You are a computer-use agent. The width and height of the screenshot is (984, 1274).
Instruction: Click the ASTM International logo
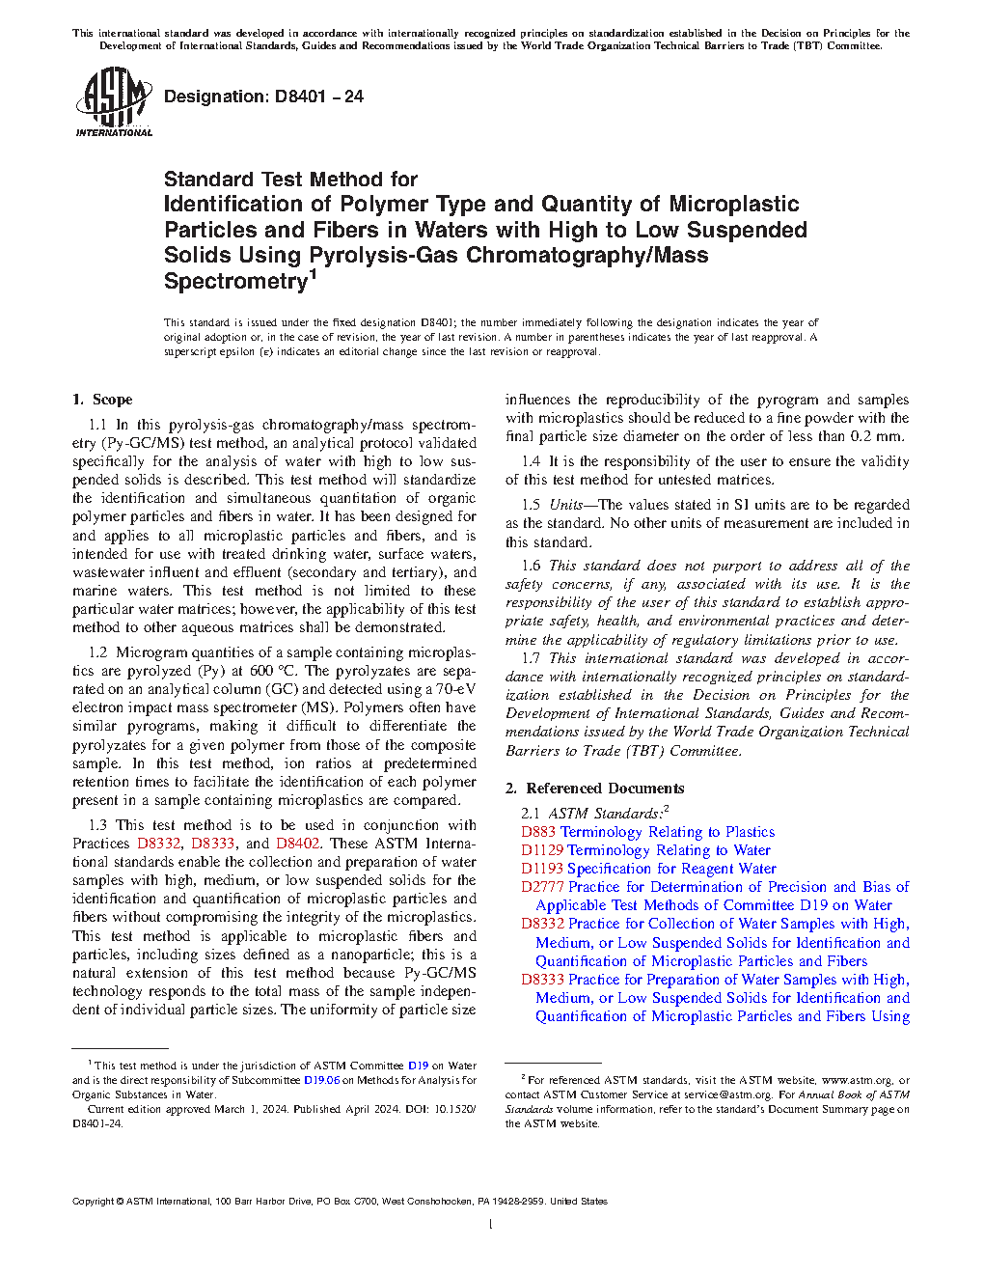[x=114, y=102]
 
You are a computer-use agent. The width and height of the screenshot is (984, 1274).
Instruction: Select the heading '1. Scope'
[x=102, y=400]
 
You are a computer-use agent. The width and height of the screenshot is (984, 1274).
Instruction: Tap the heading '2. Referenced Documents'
[x=594, y=789]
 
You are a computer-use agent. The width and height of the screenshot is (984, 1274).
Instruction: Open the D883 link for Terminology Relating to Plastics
[x=538, y=832]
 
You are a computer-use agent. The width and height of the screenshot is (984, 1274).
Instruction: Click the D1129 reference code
[x=542, y=850]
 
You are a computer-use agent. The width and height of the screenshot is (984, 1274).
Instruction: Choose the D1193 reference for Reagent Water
[x=542, y=869]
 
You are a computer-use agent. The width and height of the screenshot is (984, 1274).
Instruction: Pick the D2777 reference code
[x=542, y=887]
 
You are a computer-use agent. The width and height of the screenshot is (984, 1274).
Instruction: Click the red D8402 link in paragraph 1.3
[x=298, y=844]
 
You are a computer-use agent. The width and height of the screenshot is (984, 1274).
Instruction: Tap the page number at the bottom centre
[x=491, y=1225]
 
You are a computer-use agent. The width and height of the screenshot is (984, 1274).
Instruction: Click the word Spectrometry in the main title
[x=235, y=282]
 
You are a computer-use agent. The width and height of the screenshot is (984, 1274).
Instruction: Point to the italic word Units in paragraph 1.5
[x=565, y=505]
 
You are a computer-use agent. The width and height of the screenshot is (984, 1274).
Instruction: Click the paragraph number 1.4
[x=531, y=461]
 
